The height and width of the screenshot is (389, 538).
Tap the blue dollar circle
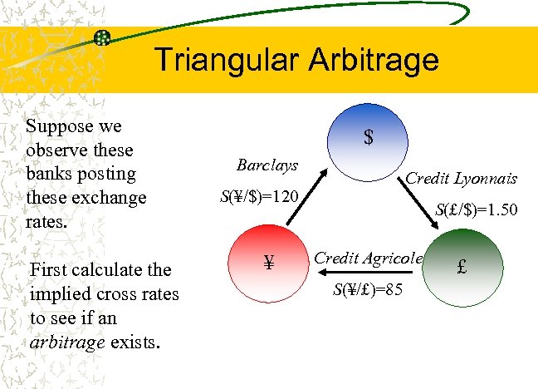(367, 137)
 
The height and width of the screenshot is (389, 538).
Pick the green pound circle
(462, 268)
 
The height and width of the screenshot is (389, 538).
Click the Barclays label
(267, 165)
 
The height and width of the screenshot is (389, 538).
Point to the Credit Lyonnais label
(461, 179)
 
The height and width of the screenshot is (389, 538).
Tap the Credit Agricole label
(368, 259)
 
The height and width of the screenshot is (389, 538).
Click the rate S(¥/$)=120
(259, 197)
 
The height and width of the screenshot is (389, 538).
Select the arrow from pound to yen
(369, 273)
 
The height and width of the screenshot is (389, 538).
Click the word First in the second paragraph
(47, 270)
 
